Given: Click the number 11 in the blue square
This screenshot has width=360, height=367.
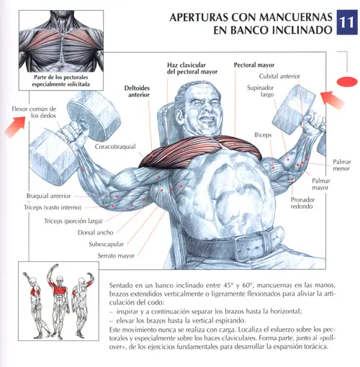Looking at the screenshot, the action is (347, 22).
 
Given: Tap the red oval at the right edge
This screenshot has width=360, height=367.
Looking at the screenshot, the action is (347, 81).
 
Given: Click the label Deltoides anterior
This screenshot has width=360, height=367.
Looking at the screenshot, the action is (137, 91).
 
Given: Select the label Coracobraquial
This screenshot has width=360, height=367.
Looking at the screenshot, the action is (115, 147).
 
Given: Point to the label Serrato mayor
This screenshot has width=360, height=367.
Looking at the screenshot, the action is (116, 255).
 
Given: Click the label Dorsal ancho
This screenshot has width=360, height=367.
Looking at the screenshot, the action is (96, 232).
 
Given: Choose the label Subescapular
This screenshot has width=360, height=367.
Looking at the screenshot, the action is (107, 244).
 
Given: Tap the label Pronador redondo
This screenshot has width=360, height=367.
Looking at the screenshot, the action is (302, 203).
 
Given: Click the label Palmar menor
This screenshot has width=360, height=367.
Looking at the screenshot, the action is (342, 165).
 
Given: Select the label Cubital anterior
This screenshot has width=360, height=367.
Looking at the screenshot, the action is (279, 76).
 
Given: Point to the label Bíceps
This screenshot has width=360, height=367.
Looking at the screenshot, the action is (263, 135).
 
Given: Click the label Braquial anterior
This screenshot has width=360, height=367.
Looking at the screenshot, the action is (48, 196).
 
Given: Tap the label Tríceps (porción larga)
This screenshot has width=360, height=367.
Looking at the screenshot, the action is (73, 221).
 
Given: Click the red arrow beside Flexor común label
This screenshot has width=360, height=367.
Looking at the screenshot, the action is (15, 127).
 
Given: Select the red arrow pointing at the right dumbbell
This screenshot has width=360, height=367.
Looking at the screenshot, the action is (333, 100).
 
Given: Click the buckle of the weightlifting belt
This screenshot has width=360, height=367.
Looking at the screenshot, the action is (251, 246).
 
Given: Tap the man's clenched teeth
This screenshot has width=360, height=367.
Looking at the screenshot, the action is (208, 119).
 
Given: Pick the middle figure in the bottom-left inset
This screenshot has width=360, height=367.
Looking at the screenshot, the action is (58, 302).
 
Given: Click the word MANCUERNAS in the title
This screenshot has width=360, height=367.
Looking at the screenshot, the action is (295, 17).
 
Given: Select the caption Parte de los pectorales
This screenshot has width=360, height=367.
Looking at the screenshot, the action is (61, 77).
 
